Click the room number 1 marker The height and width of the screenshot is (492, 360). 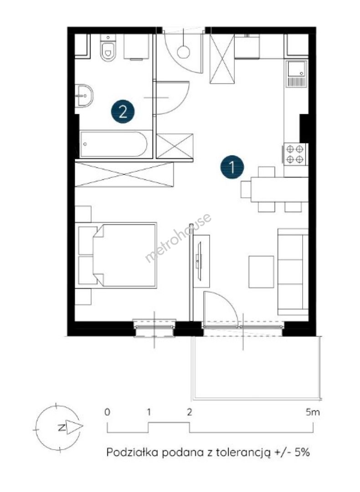click(232, 167)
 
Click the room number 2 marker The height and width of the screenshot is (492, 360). click(123, 111)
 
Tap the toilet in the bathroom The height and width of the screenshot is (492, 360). click(108, 49)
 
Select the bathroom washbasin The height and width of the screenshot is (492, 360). click(84, 95)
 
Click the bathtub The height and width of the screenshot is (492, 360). click(113, 144)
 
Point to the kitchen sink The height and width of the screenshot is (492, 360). click(296, 74)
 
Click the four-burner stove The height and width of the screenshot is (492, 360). click(295, 154)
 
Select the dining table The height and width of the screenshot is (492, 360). click(279, 190)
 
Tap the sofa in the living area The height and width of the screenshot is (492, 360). click(293, 272)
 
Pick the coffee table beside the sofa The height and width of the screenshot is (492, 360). click(261, 272)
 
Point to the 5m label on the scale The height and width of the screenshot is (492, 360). click(313, 412)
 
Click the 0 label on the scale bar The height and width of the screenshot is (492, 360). click(108, 412)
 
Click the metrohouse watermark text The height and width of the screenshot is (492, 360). click(178, 238)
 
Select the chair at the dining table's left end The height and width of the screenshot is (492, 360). click(246, 190)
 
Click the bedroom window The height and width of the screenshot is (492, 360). click(154, 328)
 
